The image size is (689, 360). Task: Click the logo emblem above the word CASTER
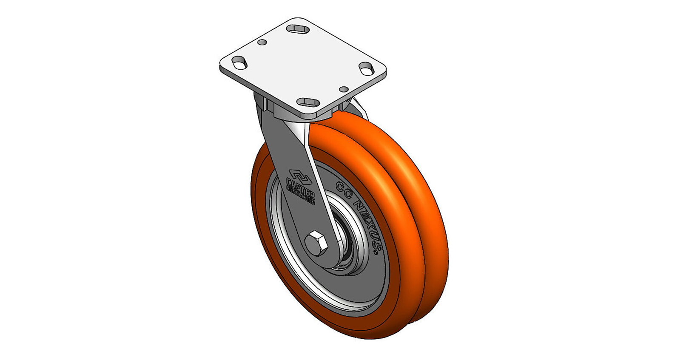point(300,176)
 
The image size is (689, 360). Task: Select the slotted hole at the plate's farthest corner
point(297,29)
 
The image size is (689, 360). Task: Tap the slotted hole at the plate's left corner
point(240,64)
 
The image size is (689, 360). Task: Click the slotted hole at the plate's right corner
point(365,68)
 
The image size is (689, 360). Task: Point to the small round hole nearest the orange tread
point(344,89)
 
